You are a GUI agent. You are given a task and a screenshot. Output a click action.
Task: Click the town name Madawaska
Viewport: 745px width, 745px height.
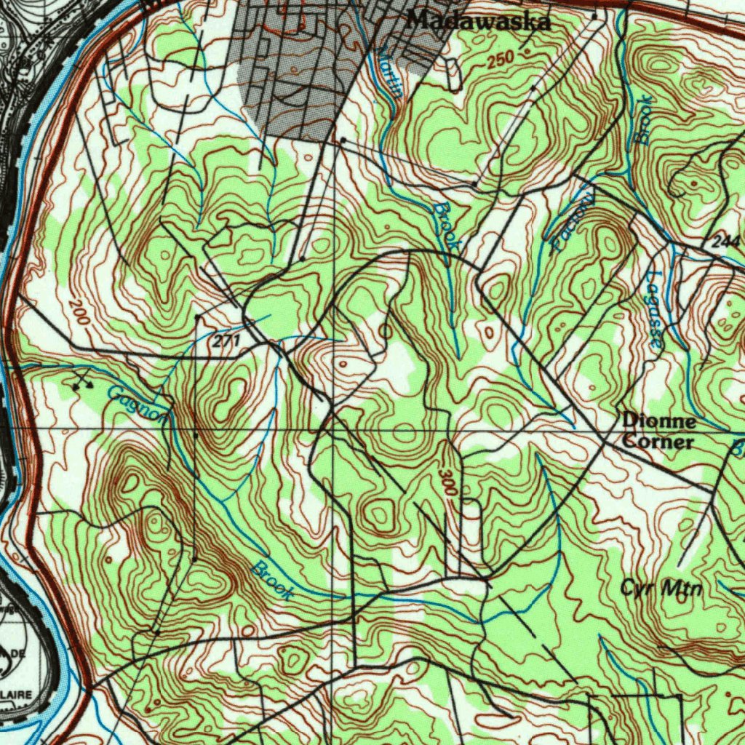click(x=478, y=21)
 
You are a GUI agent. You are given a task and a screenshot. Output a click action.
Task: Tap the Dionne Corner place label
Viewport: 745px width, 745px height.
click(x=658, y=431)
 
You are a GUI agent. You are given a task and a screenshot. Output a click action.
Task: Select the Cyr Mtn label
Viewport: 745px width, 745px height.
click(x=661, y=588)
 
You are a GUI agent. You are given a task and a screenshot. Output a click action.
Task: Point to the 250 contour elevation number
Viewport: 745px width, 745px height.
click(x=501, y=60)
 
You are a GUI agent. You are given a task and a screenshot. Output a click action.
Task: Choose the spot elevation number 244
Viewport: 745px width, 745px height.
click(x=725, y=242)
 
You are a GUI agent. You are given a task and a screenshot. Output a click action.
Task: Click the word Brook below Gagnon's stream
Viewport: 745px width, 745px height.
click(x=274, y=581)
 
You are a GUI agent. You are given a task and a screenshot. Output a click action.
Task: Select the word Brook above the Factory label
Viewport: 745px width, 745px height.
click(x=643, y=120)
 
